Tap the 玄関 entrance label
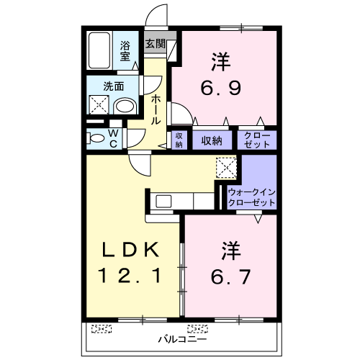(156, 44)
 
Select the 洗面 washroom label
(112, 86)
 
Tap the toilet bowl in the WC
(96, 138)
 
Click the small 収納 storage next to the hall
(179, 140)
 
